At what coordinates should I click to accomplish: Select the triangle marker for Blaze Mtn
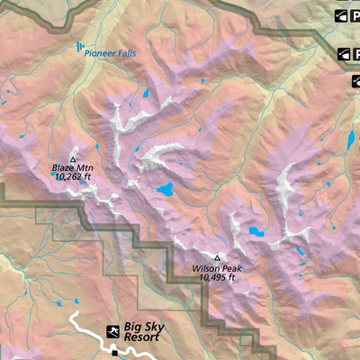tap(74, 158)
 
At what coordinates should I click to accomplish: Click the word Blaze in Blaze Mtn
tap(64, 168)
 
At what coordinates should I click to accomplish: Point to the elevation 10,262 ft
tap(74, 177)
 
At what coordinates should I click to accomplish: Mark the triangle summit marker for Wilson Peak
tap(216, 257)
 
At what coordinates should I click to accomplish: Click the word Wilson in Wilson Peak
tap(205, 268)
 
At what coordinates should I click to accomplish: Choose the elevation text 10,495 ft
tap(216, 277)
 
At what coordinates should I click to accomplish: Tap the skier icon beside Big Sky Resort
tap(113, 331)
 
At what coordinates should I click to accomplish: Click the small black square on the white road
tap(114, 354)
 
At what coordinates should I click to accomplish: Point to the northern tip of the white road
tap(75, 314)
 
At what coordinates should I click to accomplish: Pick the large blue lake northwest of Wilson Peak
tap(165, 190)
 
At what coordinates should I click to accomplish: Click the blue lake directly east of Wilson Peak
tap(256, 232)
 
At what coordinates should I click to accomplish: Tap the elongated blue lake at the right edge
tap(349, 140)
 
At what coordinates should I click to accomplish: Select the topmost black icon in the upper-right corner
tap(343, 15)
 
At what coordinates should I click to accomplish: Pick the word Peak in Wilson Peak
tap(231, 268)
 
